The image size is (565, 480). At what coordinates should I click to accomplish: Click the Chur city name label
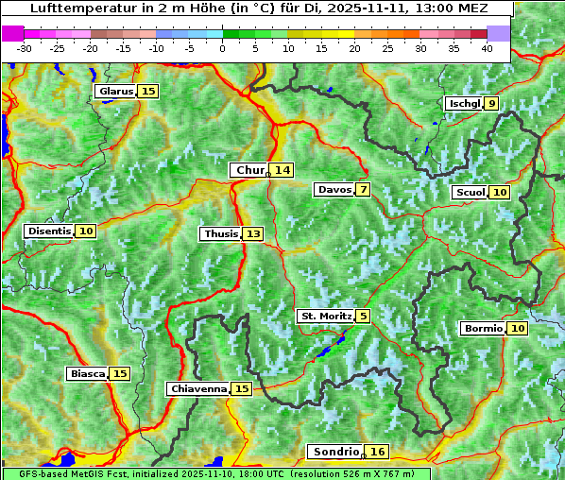pos(249,170)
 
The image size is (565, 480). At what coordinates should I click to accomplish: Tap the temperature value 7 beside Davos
pos(363,190)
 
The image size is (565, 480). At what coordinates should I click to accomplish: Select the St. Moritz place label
pos(326,316)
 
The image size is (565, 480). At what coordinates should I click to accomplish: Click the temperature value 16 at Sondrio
pos(377,453)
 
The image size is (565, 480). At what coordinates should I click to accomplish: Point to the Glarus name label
pos(114,92)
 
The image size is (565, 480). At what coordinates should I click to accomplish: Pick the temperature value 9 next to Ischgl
pos(492,104)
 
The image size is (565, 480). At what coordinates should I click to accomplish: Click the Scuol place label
pos(471,193)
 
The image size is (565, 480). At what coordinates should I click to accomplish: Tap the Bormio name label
pos(483,329)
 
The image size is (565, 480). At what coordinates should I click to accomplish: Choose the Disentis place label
pos(49,231)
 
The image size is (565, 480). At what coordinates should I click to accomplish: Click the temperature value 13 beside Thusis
pos(252,234)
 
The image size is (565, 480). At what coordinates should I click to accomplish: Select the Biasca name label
pos(87,374)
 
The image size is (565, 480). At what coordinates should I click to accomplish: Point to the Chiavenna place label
pos(198,389)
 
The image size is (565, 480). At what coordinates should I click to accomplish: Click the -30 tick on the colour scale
pos(25,48)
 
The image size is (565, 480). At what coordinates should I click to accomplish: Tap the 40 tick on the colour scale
pos(487,48)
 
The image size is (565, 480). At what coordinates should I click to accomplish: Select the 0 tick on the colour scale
pos(223,48)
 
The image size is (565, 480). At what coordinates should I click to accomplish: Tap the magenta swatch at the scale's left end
pos(12,33)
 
